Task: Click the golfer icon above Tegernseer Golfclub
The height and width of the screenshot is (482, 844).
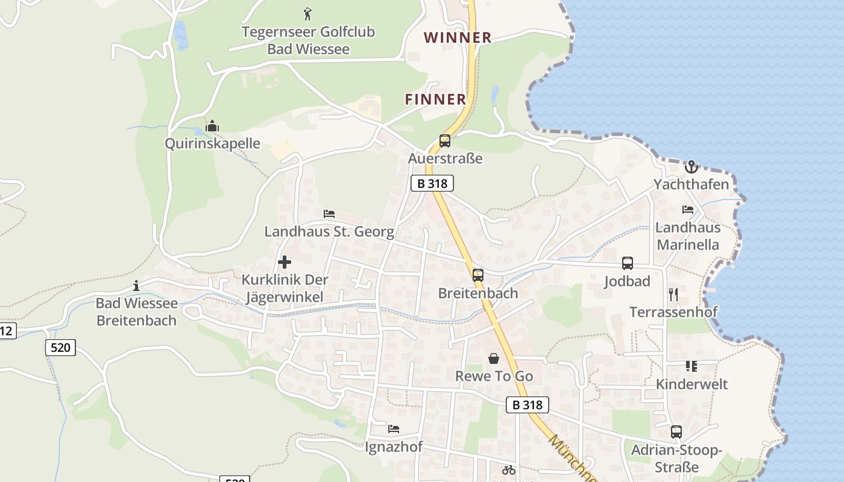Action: (308, 13)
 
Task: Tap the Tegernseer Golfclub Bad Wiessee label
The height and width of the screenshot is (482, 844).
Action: (308, 40)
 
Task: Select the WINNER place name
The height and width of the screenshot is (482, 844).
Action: (458, 38)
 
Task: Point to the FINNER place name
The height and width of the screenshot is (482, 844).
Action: (435, 99)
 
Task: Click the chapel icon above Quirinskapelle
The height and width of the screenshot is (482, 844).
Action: (212, 127)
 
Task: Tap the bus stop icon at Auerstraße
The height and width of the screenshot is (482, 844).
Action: (445, 141)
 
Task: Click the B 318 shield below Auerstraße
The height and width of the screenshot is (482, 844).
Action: (432, 183)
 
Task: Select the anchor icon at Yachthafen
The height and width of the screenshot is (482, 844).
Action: (691, 166)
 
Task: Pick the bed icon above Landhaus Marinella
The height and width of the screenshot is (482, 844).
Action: (688, 210)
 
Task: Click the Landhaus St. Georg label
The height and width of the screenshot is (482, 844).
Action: (329, 231)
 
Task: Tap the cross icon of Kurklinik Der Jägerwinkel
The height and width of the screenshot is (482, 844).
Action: (285, 262)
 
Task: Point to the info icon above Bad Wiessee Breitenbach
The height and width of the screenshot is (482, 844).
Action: (136, 286)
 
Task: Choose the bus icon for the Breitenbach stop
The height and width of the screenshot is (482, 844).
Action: (478, 275)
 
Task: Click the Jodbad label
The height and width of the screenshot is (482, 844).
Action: (627, 281)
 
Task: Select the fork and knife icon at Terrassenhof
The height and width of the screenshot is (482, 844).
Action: (673, 294)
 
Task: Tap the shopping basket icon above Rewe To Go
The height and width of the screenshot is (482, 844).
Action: (494, 358)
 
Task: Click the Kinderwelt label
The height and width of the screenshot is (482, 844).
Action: (691, 384)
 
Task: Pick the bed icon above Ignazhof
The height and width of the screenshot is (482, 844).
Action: (394, 429)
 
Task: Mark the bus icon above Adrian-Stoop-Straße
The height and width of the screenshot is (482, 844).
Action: (676, 432)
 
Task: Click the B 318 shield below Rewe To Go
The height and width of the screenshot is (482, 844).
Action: (527, 405)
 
